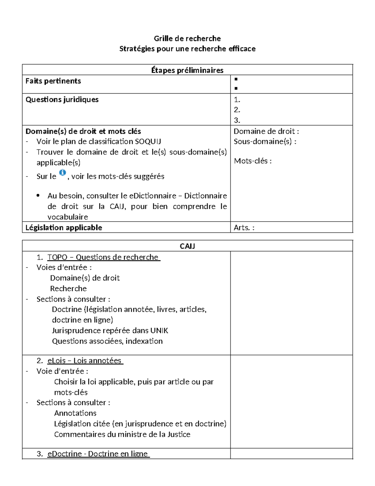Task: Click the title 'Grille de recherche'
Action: (x=187, y=38)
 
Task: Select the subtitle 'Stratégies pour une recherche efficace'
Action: (x=187, y=49)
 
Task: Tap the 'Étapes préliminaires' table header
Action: (x=187, y=70)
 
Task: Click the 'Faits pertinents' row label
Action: (x=53, y=81)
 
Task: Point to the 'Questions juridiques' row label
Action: (x=62, y=100)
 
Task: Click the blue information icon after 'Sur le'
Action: (x=62, y=172)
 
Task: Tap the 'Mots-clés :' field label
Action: (x=253, y=161)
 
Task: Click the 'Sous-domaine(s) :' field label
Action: (x=265, y=141)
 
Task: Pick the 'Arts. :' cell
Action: (x=244, y=228)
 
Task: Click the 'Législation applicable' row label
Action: (x=64, y=228)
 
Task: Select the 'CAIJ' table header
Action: (x=187, y=246)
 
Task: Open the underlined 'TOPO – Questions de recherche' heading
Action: (x=103, y=257)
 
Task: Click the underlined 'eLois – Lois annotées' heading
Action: (x=85, y=361)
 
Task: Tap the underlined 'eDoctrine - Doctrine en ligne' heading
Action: (x=98, y=454)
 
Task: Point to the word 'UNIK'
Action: (x=159, y=330)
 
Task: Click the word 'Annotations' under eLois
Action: (x=75, y=413)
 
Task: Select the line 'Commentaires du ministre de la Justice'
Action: (x=122, y=434)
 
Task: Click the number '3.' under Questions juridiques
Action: (x=237, y=120)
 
